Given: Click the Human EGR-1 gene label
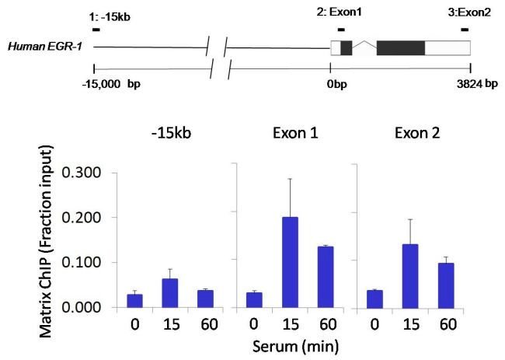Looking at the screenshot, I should tap(36, 47).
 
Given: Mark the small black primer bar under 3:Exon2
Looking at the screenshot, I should tap(465, 30).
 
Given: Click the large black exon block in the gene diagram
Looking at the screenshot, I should tap(400, 47).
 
